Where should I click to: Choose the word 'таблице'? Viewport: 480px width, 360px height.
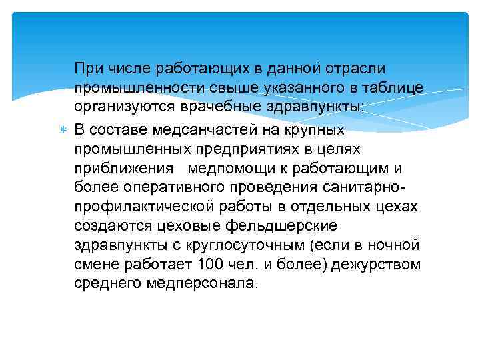click(x=391, y=88)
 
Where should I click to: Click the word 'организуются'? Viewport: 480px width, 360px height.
click(x=123, y=108)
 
